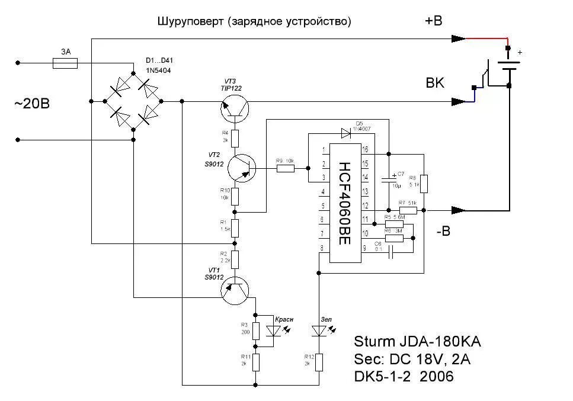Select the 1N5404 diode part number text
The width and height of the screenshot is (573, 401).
point(159,70)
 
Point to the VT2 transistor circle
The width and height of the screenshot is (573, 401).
point(241,169)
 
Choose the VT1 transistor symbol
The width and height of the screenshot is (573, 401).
point(235,290)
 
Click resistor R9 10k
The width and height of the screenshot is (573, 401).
point(286,169)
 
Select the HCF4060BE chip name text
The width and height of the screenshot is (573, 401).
point(345,203)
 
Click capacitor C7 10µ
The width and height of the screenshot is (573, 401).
point(389,179)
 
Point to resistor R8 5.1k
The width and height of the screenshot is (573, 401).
point(425,183)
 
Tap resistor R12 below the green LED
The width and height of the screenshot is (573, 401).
point(319,362)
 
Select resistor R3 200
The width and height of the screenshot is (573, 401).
point(256,331)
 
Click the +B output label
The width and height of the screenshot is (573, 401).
point(433,21)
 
